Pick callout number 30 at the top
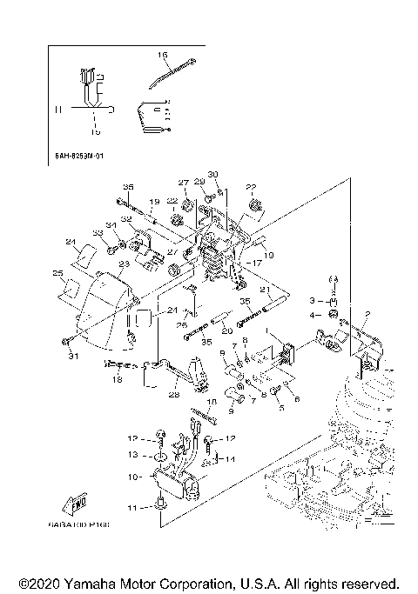coord(212,175)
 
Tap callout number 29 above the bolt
coord(199,182)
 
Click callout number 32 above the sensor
coord(126,220)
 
